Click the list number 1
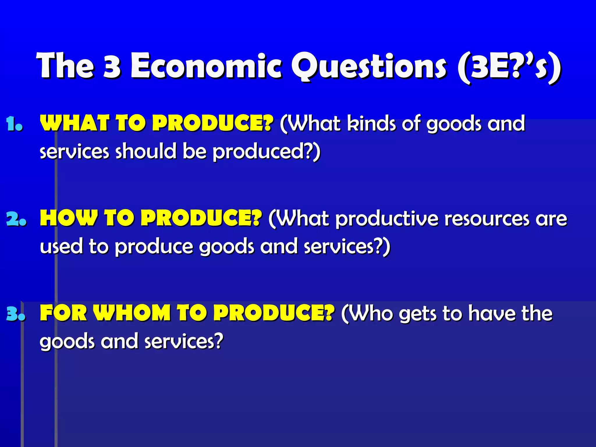click(14, 124)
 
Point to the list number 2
click(16, 219)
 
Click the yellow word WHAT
click(74, 123)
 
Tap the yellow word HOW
click(69, 218)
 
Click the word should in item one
click(146, 151)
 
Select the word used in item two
click(61, 246)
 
